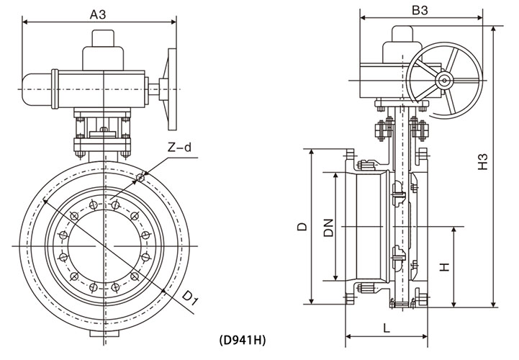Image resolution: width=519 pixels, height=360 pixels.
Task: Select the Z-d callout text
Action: (x=180, y=148)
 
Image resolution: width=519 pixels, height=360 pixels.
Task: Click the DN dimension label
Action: (x=328, y=228)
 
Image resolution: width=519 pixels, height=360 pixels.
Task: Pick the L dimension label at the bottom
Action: (x=388, y=328)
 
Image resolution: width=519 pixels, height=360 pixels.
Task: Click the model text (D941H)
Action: (x=242, y=338)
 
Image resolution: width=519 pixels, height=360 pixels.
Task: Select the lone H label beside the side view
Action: (x=445, y=266)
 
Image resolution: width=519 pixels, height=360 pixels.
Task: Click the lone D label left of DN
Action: (x=302, y=227)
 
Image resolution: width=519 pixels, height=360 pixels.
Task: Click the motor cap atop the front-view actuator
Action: (x=101, y=54)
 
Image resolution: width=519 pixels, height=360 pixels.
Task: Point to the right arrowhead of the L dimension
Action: (x=428, y=336)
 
